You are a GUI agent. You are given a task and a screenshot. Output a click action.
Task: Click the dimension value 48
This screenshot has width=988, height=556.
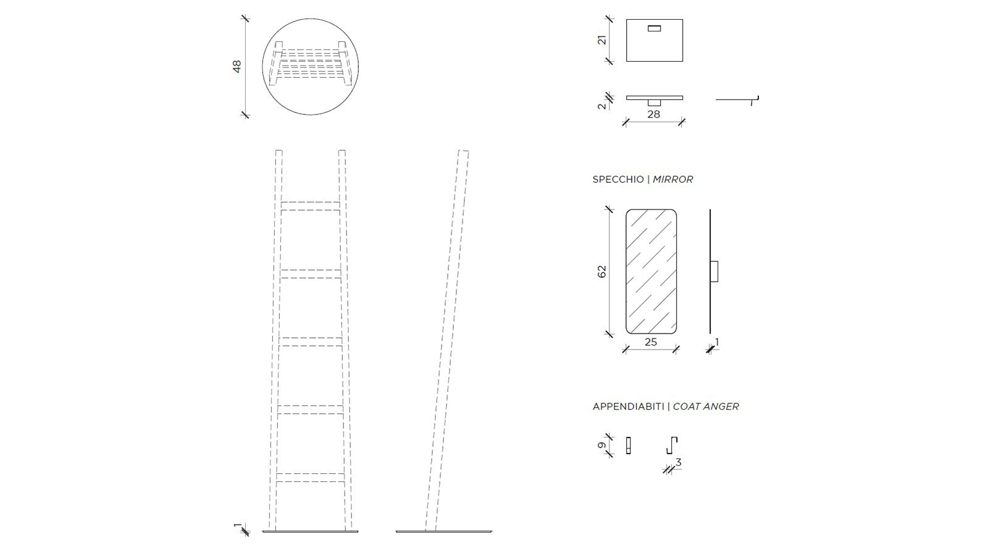point(237,66)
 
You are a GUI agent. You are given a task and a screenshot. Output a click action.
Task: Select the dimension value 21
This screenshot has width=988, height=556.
point(602,40)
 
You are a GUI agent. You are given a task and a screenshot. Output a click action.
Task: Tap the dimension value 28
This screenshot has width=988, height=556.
point(653,114)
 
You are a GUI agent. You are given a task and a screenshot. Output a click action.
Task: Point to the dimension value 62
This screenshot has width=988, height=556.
point(602,271)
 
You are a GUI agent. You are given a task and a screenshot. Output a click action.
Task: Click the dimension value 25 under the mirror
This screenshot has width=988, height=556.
point(651,342)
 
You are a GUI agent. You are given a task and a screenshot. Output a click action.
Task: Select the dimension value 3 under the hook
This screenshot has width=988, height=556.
point(678,462)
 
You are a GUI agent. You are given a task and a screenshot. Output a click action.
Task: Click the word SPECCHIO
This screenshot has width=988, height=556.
point(618,179)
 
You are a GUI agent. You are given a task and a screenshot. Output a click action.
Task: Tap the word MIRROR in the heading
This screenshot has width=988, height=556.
point(673,179)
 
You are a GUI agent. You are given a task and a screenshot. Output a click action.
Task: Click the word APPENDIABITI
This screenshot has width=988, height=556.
point(628,406)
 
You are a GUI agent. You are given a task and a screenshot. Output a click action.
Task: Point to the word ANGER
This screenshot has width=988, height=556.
point(722,406)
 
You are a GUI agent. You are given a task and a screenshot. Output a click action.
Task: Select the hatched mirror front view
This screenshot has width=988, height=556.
point(651,271)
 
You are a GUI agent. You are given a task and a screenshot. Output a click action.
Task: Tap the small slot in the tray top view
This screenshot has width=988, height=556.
point(654,28)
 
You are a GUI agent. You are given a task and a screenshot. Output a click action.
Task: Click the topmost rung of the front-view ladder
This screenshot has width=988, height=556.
point(311,206)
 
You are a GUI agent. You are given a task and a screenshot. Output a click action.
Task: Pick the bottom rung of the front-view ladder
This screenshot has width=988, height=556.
point(311,477)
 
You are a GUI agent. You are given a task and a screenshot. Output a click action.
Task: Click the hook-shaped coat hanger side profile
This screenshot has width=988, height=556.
point(672,445)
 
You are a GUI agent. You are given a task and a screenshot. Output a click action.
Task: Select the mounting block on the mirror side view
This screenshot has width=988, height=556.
point(714,271)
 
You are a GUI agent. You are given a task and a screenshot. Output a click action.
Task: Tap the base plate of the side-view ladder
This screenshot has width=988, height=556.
point(443,531)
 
